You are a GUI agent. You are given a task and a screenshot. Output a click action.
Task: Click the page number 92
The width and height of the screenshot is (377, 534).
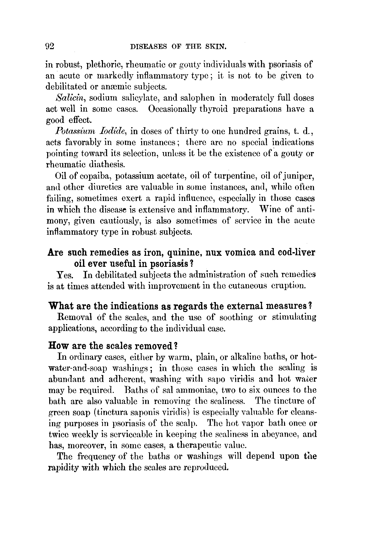pyautogui.click(x=49, y=46)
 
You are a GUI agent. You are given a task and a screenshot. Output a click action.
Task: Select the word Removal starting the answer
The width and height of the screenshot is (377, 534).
pyautogui.click(x=75, y=317)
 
